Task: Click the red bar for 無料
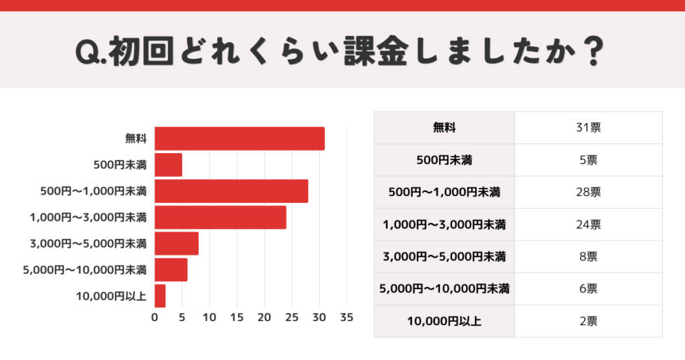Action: (x=239, y=139)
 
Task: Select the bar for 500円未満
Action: (x=168, y=165)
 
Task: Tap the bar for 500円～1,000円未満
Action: (x=231, y=191)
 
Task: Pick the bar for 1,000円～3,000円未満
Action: (x=220, y=217)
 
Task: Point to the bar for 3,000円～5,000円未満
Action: (x=177, y=243)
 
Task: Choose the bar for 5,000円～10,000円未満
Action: (x=171, y=270)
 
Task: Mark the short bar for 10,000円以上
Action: (x=160, y=296)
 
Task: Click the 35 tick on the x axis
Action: (x=347, y=317)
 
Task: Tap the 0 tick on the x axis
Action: (x=155, y=317)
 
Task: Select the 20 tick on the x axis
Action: (x=264, y=317)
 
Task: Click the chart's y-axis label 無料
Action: (x=136, y=139)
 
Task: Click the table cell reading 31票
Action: (x=589, y=128)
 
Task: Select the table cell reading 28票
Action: (x=589, y=192)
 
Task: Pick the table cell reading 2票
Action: (x=589, y=321)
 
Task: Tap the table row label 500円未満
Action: (x=444, y=160)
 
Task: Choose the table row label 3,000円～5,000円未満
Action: (x=444, y=257)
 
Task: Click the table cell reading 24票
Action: (x=589, y=224)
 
